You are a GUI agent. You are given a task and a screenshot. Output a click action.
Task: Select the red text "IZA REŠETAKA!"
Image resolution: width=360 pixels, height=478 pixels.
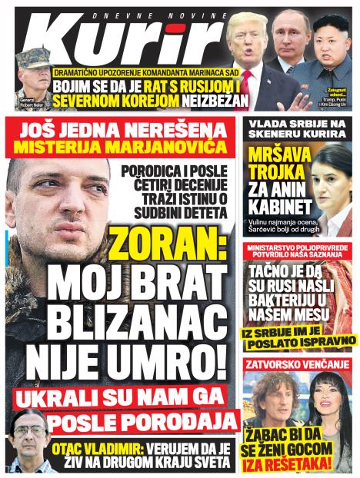(285, 464)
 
